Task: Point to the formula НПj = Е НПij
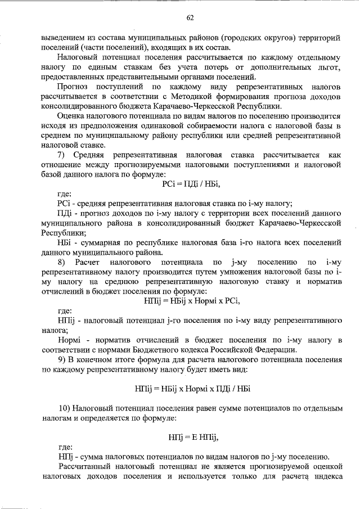[x=193, y=436]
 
